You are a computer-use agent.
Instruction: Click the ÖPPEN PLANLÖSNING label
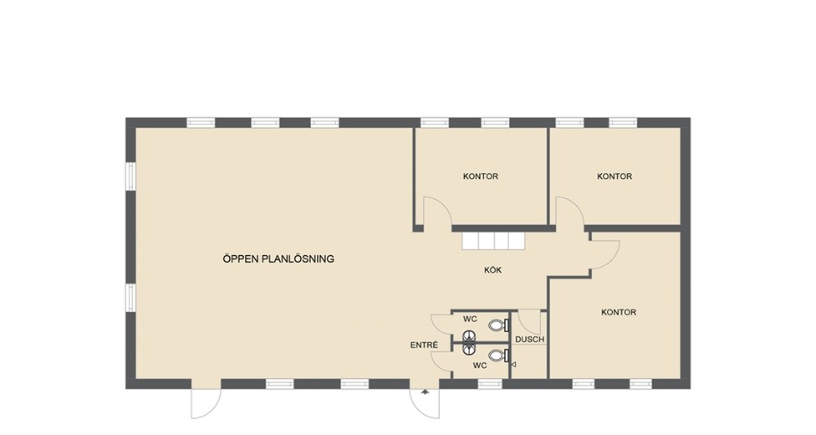(278, 258)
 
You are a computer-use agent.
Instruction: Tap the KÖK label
(492, 270)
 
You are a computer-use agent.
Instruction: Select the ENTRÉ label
(424, 345)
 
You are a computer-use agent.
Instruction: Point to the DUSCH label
(530, 340)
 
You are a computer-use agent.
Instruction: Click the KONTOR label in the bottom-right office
(619, 312)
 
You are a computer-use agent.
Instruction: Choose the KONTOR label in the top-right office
(615, 176)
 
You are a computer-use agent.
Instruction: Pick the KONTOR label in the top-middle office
(481, 176)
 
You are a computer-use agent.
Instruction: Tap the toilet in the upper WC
(498, 325)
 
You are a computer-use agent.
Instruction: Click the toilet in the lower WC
(498, 356)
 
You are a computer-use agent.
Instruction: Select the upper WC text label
(471, 319)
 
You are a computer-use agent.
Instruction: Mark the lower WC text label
(480, 366)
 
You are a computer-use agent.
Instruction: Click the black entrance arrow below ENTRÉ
(426, 391)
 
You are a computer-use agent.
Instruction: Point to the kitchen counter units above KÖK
(492, 241)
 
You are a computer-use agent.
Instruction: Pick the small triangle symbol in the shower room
(513, 365)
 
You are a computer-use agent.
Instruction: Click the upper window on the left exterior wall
(131, 176)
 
